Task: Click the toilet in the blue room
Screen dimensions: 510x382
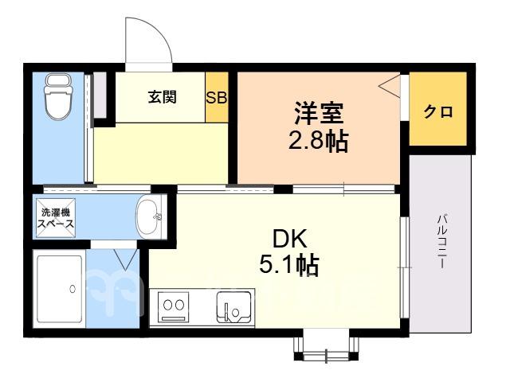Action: click(x=58, y=97)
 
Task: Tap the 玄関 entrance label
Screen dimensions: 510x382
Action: click(x=163, y=97)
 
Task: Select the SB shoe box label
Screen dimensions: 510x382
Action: click(x=216, y=97)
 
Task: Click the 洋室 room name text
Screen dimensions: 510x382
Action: click(x=319, y=113)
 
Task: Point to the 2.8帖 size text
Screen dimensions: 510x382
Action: click(x=319, y=141)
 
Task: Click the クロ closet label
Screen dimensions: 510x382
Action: click(x=437, y=112)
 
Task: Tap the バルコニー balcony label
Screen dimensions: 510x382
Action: click(x=441, y=241)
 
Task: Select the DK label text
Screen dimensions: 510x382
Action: click(x=289, y=239)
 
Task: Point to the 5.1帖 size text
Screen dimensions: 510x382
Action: click(x=288, y=265)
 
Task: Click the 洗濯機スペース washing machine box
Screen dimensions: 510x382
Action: click(x=56, y=217)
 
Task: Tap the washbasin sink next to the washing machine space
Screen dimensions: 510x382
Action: click(x=149, y=216)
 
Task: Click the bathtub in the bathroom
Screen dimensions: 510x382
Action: click(x=60, y=289)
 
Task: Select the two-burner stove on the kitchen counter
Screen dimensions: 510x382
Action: click(x=174, y=306)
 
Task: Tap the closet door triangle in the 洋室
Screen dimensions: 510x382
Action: click(x=389, y=85)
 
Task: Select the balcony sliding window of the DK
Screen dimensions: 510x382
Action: click(x=404, y=267)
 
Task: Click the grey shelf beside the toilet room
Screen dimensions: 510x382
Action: click(x=100, y=95)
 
